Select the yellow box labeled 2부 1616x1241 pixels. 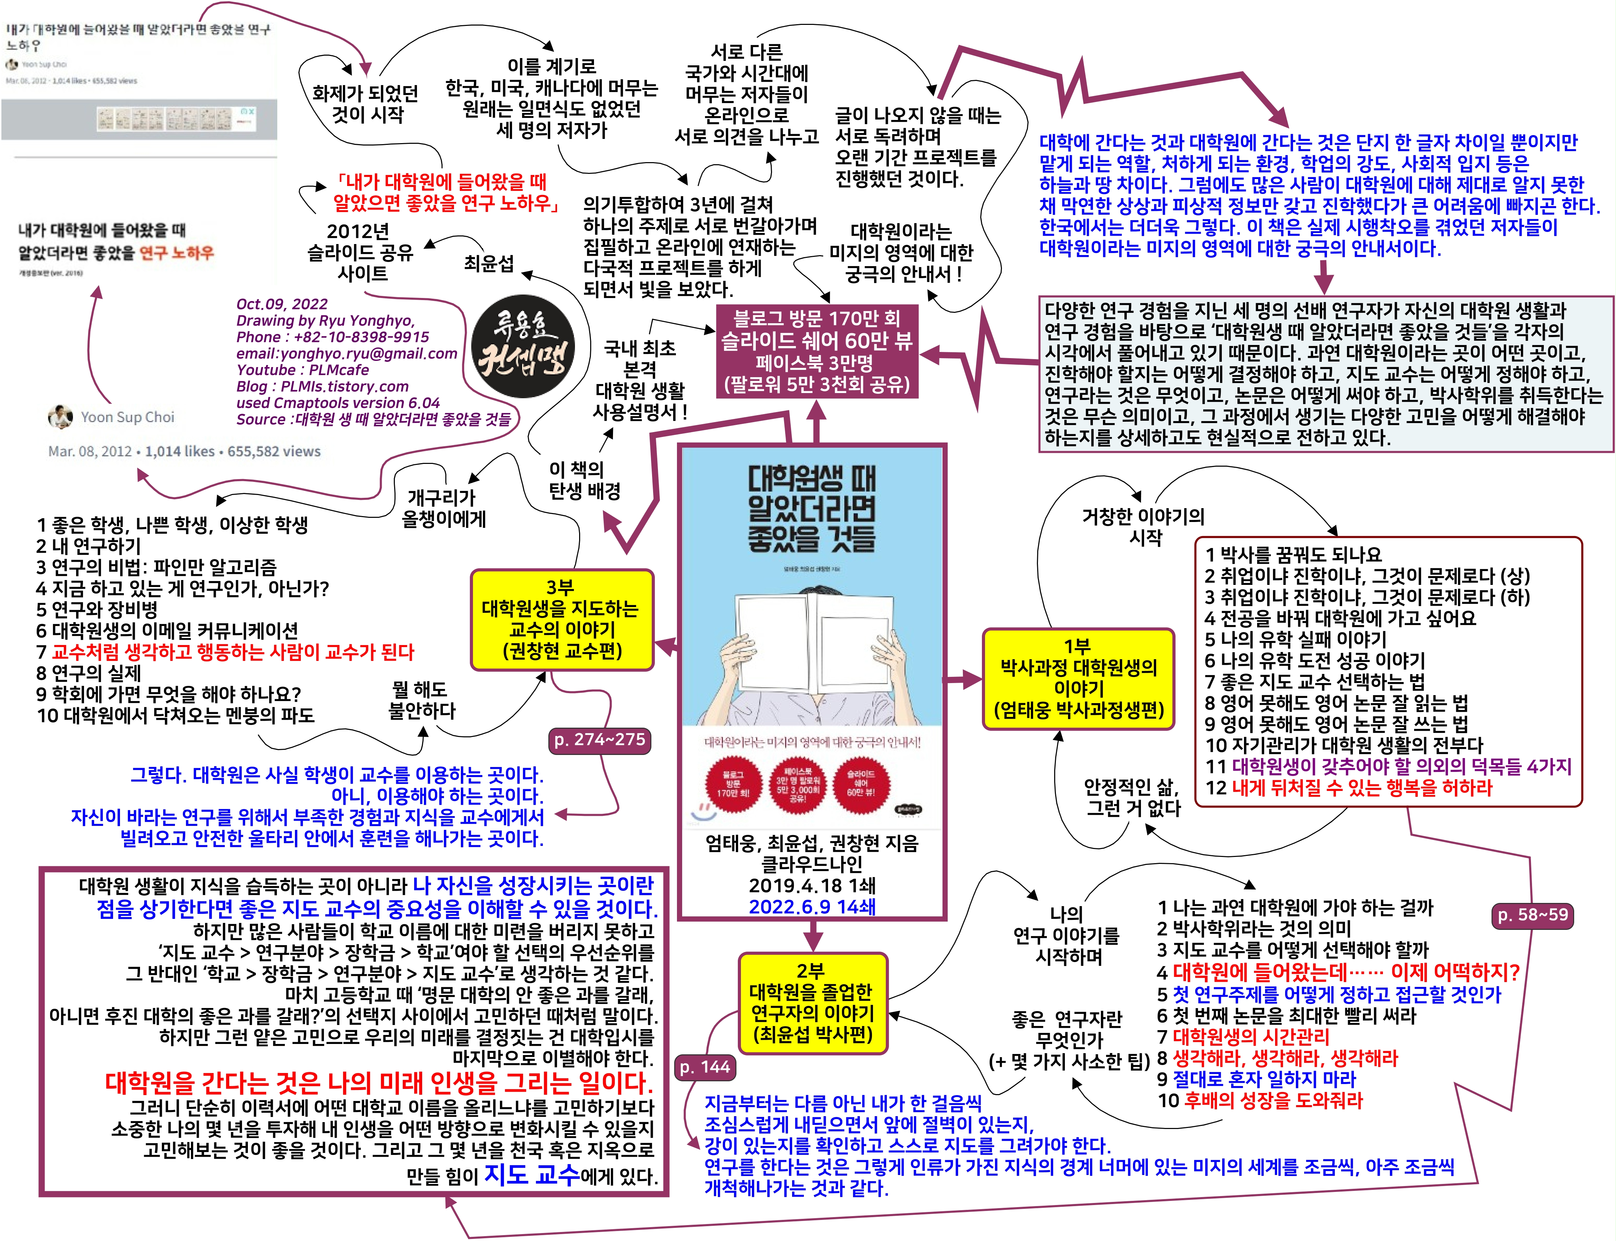[x=812, y=1002]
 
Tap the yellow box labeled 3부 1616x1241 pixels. [x=561, y=619]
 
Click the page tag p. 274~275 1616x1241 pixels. [x=599, y=739]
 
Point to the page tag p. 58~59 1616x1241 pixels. [x=1532, y=914]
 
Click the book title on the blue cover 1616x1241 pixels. [x=811, y=510]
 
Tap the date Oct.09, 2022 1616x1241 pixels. [x=281, y=304]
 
